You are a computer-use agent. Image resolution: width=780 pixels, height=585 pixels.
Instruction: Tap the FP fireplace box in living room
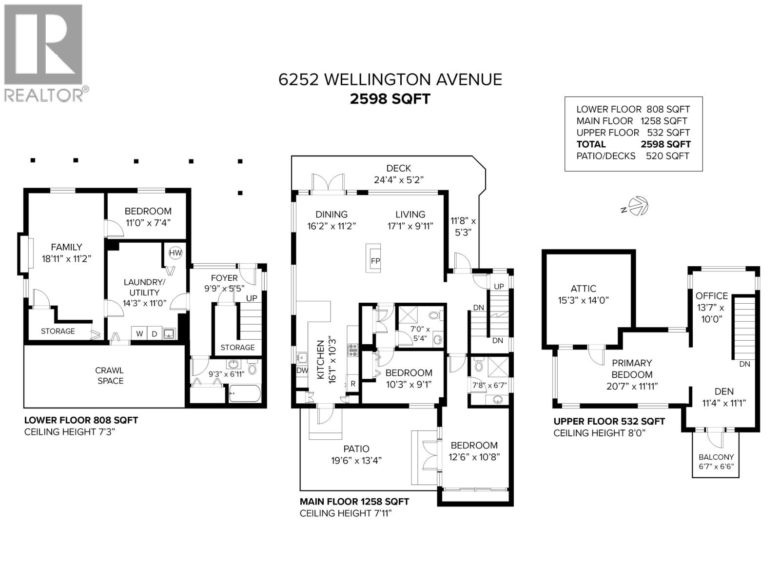point(375,258)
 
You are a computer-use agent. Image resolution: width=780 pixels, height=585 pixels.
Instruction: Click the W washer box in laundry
point(139,333)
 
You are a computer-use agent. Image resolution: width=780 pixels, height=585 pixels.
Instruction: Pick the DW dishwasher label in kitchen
point(302,370)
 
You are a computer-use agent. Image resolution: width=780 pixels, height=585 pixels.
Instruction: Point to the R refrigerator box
point(353,384)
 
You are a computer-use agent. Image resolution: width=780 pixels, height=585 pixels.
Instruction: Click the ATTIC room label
point(584,288)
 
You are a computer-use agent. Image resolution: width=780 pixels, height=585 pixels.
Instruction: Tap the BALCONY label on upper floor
point(716,457)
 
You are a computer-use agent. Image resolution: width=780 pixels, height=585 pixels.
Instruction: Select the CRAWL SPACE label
point(110,375)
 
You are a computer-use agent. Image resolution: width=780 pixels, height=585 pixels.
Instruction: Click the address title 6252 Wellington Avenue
point(390,79)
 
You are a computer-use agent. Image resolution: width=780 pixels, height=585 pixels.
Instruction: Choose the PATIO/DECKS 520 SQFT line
point(632,156)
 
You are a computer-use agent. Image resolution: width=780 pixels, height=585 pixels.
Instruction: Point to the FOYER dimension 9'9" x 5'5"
point(224,288)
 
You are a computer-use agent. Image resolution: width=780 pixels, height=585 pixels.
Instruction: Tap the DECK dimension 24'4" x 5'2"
point(398,179)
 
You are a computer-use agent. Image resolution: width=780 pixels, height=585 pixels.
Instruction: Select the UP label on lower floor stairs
point(252,298)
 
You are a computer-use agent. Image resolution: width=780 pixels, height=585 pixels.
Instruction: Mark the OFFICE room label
point(711,295)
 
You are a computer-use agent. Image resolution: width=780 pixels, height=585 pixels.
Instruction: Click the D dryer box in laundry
point(155,333)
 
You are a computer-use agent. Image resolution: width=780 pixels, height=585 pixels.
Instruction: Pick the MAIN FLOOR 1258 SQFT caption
point(354,501)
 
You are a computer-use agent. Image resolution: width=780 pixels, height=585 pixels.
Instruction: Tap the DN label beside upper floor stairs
point(744,364)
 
